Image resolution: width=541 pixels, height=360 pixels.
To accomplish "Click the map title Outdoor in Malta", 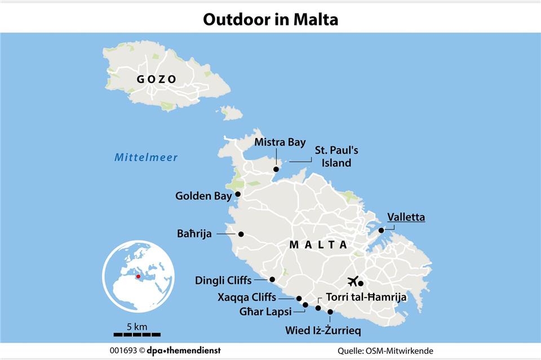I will point(270,20).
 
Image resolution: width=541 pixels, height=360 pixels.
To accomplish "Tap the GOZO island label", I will point(157,79).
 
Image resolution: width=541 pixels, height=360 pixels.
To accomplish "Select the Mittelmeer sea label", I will point(146,158).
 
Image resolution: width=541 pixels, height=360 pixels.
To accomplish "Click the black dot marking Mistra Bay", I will point(276,169).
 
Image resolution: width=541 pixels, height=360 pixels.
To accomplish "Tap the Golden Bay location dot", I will point(238,194).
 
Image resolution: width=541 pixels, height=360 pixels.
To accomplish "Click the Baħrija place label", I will point(193,234).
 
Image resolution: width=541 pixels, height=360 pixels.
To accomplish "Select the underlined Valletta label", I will point(406,217).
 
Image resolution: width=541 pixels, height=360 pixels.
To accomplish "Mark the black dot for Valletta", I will point(381,230).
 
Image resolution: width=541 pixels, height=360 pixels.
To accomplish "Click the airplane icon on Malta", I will point(354,281).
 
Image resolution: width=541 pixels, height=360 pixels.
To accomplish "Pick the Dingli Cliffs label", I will point(223,280).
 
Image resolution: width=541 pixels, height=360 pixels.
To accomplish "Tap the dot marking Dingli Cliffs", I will point(272,279).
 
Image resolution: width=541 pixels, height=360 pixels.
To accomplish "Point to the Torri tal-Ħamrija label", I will point(366,297).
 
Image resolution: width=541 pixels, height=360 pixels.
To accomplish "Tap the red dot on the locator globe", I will point(138,277).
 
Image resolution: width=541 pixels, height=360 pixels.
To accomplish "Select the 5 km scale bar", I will point(136,334).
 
